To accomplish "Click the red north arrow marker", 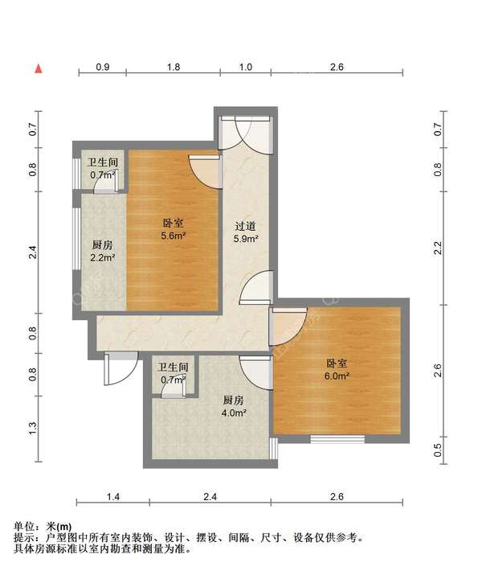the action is tap(39, 69).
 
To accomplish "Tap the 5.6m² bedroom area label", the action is tap(174, 236).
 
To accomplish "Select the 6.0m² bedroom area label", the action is tap(337, 376).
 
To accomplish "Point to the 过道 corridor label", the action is tap(245, 226).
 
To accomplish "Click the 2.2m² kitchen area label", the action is tap(103, 258).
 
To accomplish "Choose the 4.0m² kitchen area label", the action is tap(233, 413).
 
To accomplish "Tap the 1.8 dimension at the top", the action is tap(174, 67).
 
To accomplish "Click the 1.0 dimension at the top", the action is tap(245, 67).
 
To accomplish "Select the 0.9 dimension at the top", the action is tap(103, 67).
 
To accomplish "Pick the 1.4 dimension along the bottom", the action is tap(112, 497).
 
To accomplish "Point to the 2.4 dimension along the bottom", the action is tap(210, 497).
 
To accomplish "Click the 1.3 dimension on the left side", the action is tap(33, 429).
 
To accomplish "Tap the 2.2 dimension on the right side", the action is tap(438, 248).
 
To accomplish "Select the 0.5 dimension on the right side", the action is tap(438, 450).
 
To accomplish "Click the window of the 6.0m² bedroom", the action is tap(337, 439).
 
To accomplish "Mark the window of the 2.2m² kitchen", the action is tap(76, 239).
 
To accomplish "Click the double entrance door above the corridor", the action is tap(245, 133).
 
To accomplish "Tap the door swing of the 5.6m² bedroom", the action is tap(206, 172).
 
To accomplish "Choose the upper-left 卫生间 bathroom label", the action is tap(103, 162).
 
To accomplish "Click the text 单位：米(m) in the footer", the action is tap(43, 527).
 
